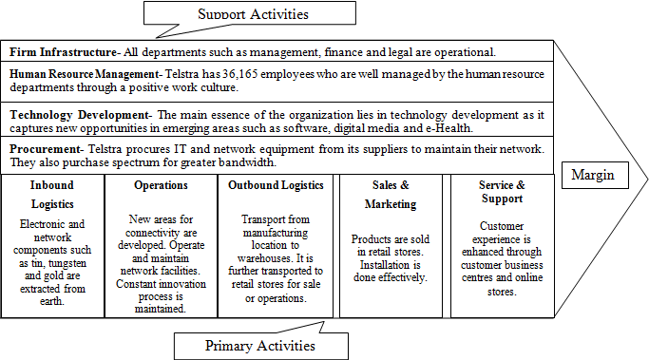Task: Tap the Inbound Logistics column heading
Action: (x=51, y=194)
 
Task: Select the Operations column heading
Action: (x=161, y=185)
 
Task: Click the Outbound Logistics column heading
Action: (x=277, y=185)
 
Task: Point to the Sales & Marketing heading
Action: (x=391, y=194)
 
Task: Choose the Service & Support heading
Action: (x=502, y=194)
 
